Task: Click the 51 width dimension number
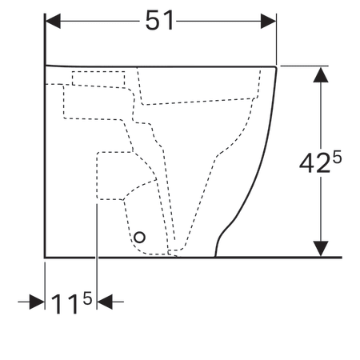coord(160,20)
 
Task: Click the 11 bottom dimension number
coord(66,305)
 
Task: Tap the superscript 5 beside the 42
coord(337,157)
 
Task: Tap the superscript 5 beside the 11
coord(87,298)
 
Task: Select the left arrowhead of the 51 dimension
coord(53,21)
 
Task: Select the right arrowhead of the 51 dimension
coord(268,21)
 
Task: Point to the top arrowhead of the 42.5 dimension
coord(321,74)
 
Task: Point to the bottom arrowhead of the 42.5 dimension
coord(321,249)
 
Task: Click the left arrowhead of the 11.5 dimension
coord(37,302)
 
